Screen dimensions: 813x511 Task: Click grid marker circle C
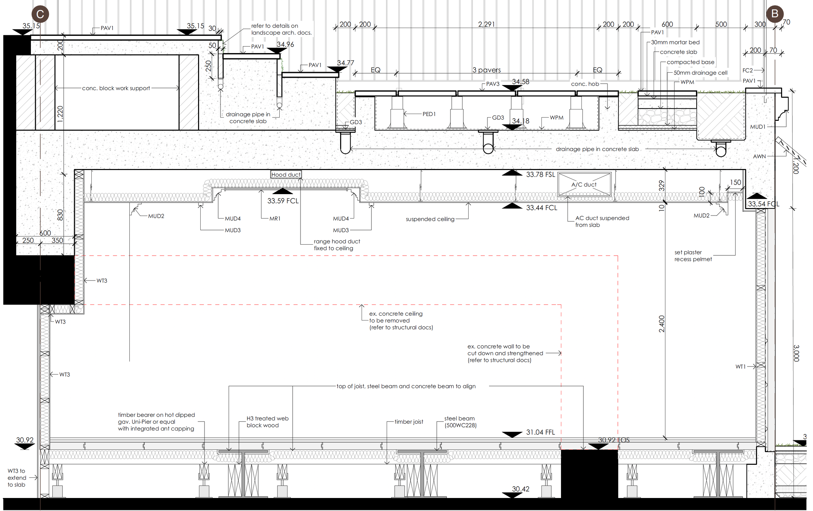tap(40, 14)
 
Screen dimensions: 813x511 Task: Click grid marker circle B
tap(775, 14)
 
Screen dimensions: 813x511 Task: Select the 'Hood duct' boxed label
tap(286, 174)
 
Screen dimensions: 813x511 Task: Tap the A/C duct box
tap(584, 185)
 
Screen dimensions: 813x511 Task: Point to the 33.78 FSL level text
tap(540, 174)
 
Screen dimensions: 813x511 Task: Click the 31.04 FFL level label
tap(540, 432)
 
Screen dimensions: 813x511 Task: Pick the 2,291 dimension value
tap(486, 24)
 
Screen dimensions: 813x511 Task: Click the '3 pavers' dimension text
tap(486, 70)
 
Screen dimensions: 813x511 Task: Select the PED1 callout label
tap(429, 114)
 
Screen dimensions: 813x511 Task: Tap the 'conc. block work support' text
tap(116, 88)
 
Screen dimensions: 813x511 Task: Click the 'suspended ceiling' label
tap(430, 219)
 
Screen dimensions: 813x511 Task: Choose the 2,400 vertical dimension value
tap(661, 324)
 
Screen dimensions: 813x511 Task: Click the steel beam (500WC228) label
tap(460, 422)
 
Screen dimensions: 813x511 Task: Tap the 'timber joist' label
tap(409, 422)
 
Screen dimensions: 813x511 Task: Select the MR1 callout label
tap(275, 219)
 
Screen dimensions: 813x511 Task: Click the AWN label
tap(759, 156)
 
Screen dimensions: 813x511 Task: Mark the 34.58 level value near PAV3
tap(520, 82)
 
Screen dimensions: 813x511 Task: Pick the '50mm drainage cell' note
tap(700, 73)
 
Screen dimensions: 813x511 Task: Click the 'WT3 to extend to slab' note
tap(17, 478)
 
